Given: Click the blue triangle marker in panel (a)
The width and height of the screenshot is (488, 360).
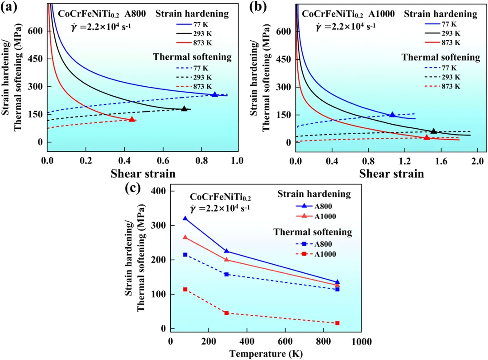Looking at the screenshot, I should tap(215, 94).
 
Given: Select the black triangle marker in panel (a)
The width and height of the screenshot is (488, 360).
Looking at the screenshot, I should tap(184, 108).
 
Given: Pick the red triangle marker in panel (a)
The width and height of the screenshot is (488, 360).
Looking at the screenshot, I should tap(132, 119).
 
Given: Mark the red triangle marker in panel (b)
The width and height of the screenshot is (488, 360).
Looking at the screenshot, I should tap(427, 137).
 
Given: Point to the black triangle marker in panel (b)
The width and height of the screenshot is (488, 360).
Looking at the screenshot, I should tap(434, 131).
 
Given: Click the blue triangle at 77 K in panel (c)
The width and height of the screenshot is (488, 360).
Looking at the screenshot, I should tap(185, 219).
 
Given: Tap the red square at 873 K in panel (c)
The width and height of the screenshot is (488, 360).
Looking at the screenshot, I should tap(337, 323).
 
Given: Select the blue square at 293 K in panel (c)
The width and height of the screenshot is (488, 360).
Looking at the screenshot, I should tap(226, 274).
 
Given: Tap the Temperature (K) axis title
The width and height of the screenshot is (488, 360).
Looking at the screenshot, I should tap(265, 353).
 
